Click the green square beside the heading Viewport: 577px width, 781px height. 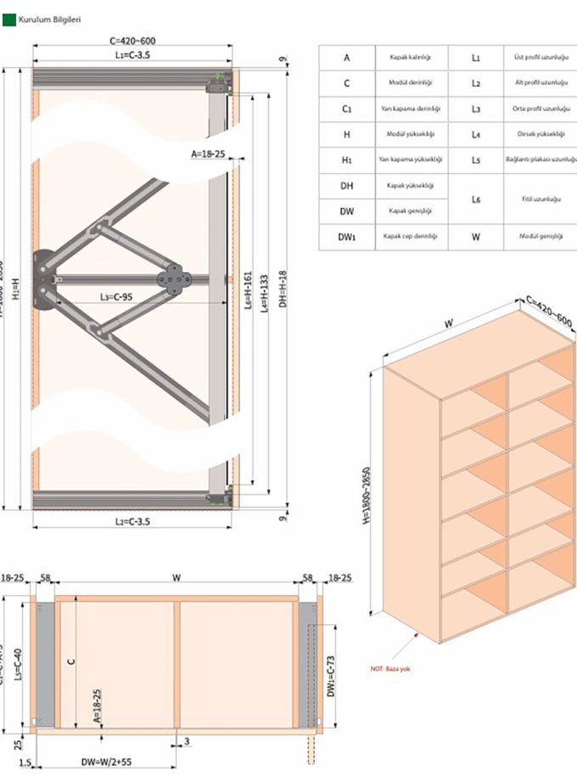(9, 18)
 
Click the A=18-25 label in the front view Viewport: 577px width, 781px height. (208, 155)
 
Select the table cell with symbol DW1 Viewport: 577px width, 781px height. (346, 237)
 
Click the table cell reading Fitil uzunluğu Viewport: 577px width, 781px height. (541, 199)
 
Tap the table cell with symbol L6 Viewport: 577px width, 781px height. (475, 199)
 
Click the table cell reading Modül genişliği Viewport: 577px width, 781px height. (541, 237)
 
